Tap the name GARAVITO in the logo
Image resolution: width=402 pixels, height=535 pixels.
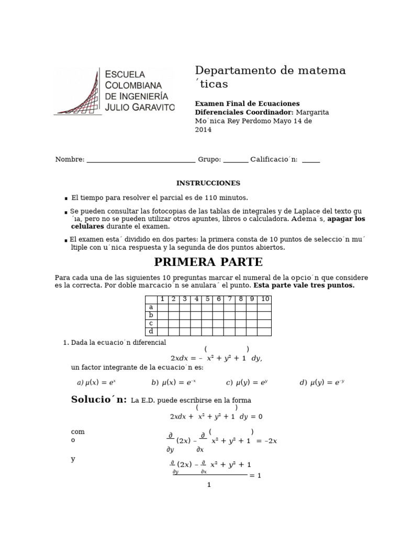153,107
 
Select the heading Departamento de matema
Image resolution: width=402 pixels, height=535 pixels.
270,71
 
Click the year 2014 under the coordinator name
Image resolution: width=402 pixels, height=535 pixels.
203,130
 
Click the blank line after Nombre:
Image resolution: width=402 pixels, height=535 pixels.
140,160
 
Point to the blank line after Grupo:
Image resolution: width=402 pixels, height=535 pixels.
236,160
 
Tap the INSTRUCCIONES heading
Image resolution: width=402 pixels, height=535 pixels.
208,183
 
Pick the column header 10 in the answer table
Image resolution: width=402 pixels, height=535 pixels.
265,299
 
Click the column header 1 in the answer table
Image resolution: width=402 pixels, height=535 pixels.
163,299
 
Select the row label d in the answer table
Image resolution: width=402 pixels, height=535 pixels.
151,331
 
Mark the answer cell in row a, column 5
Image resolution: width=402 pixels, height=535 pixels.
207,307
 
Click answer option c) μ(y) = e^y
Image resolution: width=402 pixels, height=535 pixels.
247,382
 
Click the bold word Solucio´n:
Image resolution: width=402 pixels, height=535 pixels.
99,400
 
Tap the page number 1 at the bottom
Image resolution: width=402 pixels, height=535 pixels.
208,485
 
